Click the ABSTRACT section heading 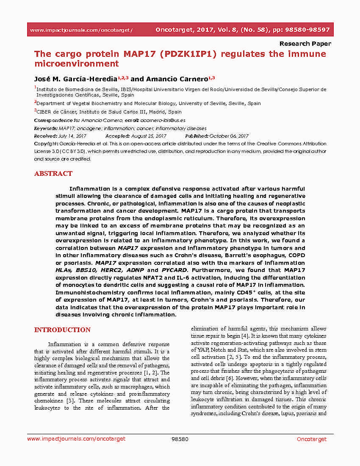tap(53, 174)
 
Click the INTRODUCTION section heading tap(62, 330)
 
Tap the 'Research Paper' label tap(305, 44)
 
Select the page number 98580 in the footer tap(180, 439)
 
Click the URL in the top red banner tap(81, 30)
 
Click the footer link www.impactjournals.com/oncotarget tap(76, 439)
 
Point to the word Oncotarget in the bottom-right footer tap(311, 439)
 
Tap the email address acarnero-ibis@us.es tap(164, 120)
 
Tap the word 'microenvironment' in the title tap(76, 64)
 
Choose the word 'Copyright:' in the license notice tap(45, 144)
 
